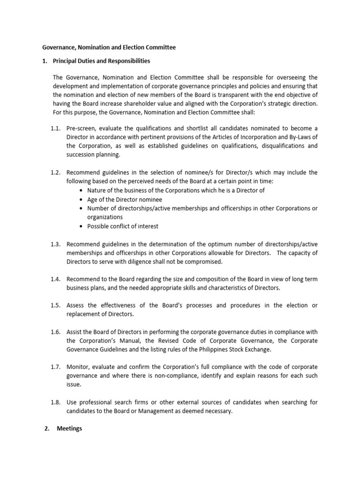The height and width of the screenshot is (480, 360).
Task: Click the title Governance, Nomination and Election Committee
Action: tap(109, 47)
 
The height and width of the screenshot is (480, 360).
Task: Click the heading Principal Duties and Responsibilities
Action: tap(102, 61)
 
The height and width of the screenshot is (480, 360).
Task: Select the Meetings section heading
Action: tap(69, 428)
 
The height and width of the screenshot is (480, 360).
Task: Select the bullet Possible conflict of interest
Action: tap(123, 226)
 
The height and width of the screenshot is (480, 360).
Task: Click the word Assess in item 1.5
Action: tap(76, 305)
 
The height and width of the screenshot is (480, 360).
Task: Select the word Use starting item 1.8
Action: tap(71, 403)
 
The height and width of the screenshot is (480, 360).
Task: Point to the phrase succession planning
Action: tap(93, 154)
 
